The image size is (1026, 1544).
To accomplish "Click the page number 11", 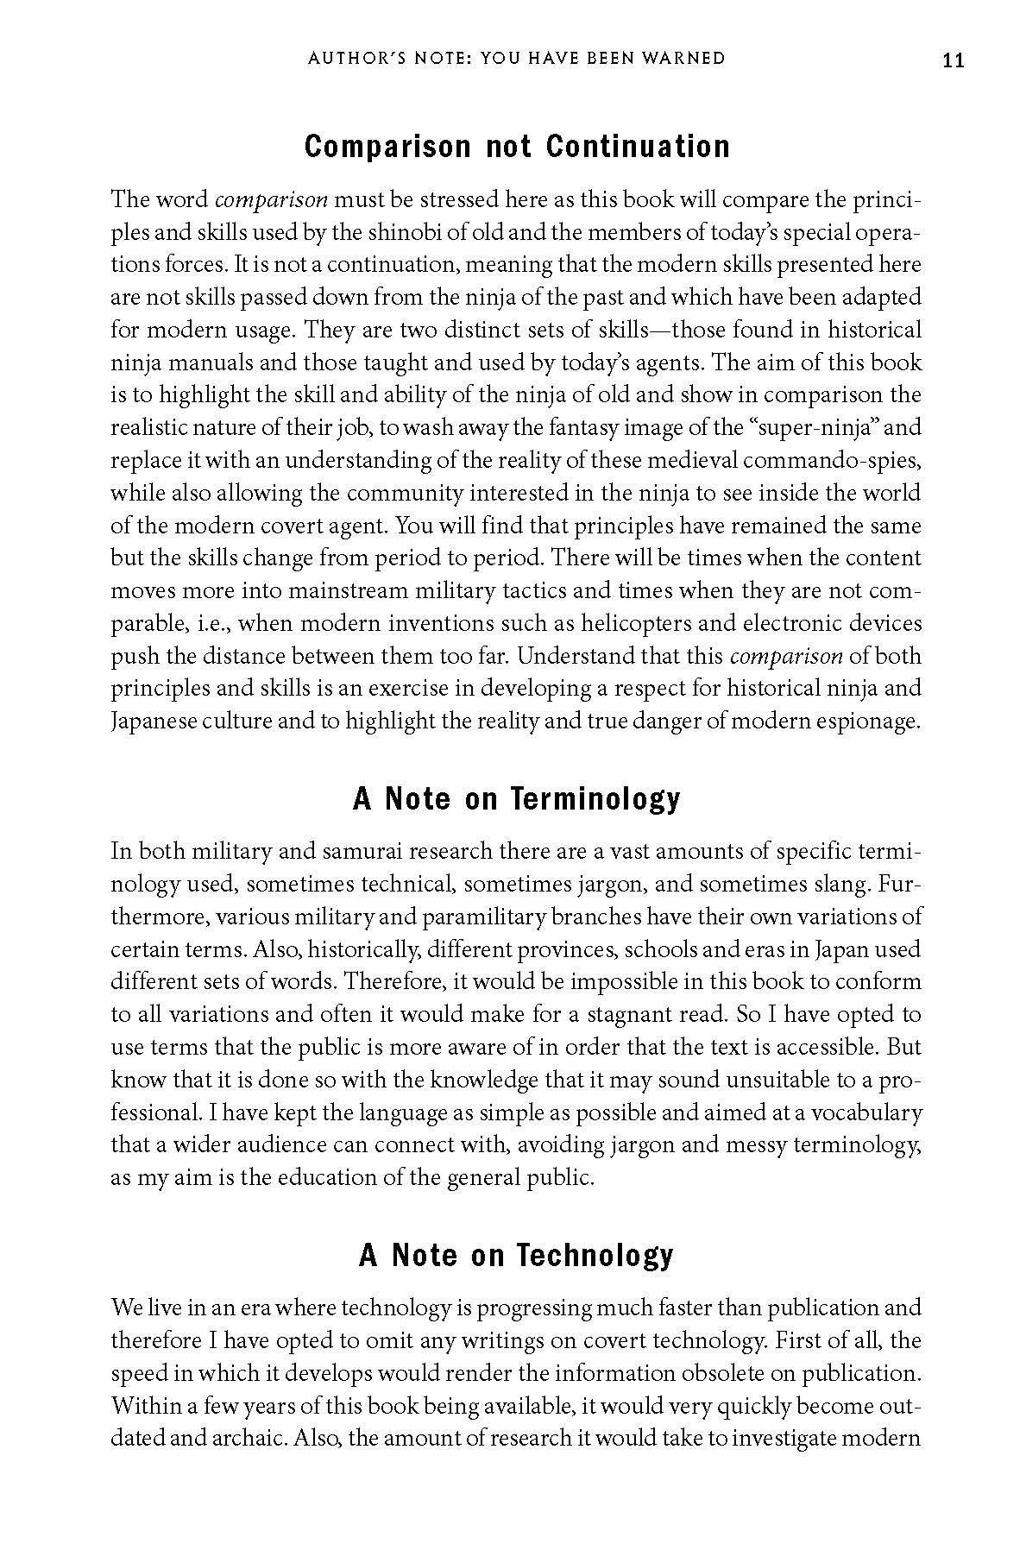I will [953, 60].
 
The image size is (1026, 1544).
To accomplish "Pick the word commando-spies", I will [840, 460].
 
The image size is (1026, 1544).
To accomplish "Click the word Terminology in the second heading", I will [595, 799].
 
